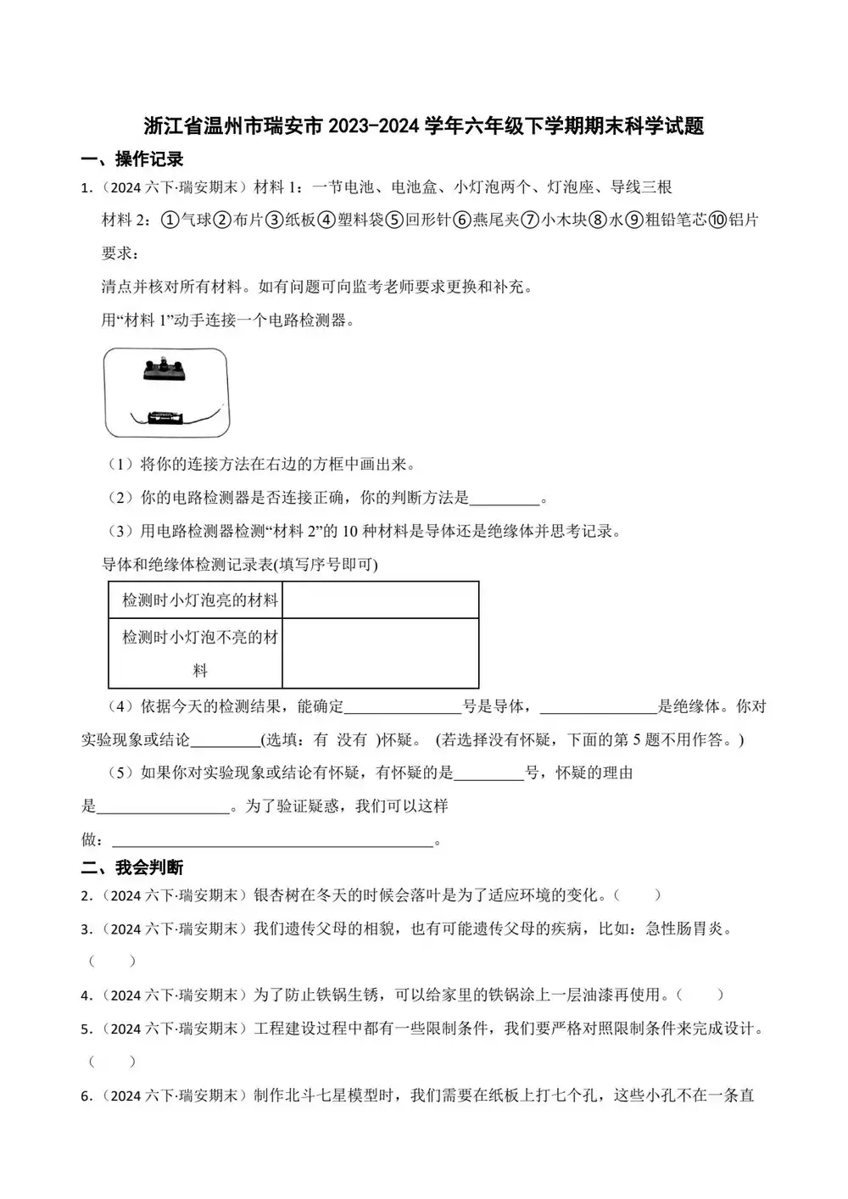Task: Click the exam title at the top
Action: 423,127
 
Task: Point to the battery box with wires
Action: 167,416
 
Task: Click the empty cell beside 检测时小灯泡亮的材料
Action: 380,600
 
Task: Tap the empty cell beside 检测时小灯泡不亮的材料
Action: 380,653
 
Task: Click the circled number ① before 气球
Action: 169,220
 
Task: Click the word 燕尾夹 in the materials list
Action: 494,220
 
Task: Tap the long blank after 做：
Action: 271,841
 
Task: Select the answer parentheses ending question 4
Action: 700,995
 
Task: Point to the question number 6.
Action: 86,1096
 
